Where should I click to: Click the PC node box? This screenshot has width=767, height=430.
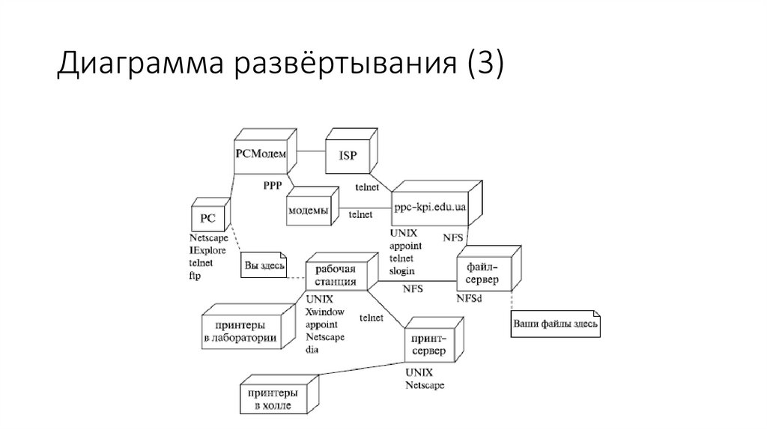[x=207, y=219]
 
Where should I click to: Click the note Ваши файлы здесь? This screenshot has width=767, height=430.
[x=556, y=324]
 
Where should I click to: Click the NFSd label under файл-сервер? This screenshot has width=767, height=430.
[x=470, y=298]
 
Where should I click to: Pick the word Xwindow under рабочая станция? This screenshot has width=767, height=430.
[x=324, y=312]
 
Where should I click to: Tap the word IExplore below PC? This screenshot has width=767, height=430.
[x=207, y=250]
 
